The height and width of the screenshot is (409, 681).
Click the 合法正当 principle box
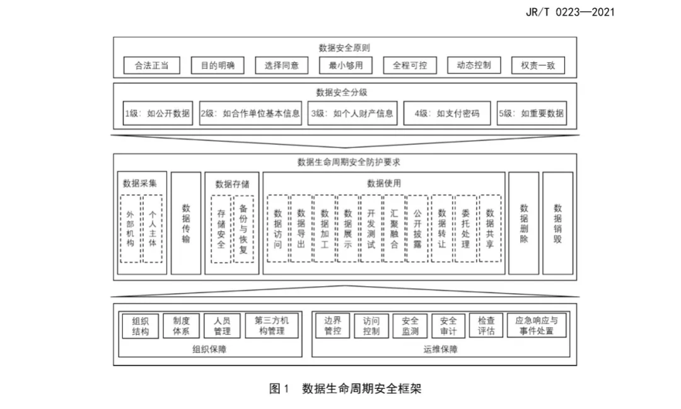pyautogui.click(x=151, y=66)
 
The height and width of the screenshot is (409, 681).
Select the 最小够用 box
pyautogui.click(x=346, y=66)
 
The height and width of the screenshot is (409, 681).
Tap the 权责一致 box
pyautogui.click(x=538, y=66)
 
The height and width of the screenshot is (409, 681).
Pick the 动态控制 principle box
pyautogui.click(x=474, y=66)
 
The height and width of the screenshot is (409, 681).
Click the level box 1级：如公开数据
pyautogui.click(x=158, y=113)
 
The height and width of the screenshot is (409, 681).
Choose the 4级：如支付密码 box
pyautogui.click(x=447, y=113)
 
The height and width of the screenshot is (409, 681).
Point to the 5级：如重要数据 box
pyautogui.click(x=532, y=113)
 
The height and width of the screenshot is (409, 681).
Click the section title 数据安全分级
pyautogui.click(x=341, y=92)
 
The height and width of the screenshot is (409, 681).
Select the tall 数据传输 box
pyautogui.click(x=186, y=223)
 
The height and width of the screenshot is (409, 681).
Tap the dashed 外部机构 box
pyautogui.click(x=131, y=229)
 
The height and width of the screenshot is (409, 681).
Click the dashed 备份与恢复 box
pyautogui.click(x=243, y=229)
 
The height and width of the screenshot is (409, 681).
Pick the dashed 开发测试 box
pyautogui.click(x=371, y=228)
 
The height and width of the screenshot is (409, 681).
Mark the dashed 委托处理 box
pyautogui.click(x=465, y=228)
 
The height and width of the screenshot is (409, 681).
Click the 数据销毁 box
pyautogui.click(x=557, y=223)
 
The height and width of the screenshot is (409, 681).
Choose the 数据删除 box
pyautogui.click(x=524, y=223)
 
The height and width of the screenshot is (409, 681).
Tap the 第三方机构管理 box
pyautogui.click(x=272, y=326)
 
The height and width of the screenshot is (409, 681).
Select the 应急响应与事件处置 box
pyautogui.click(x=537, y=326)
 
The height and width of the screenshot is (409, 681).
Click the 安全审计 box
pyautogui.click(x=448, y=326)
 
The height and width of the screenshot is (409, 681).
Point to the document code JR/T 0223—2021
pyautogui.click(x=570, y=12)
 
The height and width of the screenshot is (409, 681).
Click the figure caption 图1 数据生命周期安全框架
pyautogui.click(x=346, y=388)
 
